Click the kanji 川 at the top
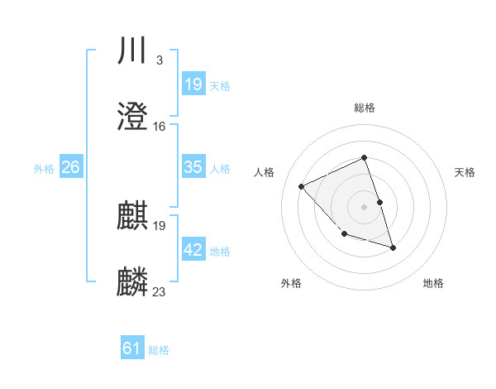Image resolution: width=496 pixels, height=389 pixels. point(132,50)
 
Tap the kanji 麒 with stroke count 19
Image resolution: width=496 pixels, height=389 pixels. point(132,216)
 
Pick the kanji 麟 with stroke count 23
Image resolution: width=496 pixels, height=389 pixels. point(132,282)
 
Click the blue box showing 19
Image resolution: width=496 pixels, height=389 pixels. point(193,84)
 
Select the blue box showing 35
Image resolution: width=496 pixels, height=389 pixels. point(193,167)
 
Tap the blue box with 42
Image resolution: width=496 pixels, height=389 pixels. point(193,250)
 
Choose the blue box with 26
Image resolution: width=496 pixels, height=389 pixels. point(71,167)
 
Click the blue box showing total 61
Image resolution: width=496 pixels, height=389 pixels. point(132,348)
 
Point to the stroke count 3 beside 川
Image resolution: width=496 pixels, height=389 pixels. point(159,60)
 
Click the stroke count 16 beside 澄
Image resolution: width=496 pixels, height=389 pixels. point(160,127)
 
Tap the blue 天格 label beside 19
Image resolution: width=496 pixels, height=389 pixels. point(220,85)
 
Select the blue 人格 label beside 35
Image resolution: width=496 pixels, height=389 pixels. point(220,168)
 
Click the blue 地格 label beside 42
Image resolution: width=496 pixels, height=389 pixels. point(220,251)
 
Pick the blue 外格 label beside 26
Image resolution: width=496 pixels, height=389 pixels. point(44,168)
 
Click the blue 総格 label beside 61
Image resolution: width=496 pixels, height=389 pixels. point(159,349)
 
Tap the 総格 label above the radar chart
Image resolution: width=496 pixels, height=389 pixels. point(365,108)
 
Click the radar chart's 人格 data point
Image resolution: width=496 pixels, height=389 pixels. point(302,186)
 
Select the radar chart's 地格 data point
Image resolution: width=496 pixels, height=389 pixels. point(393,247)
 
